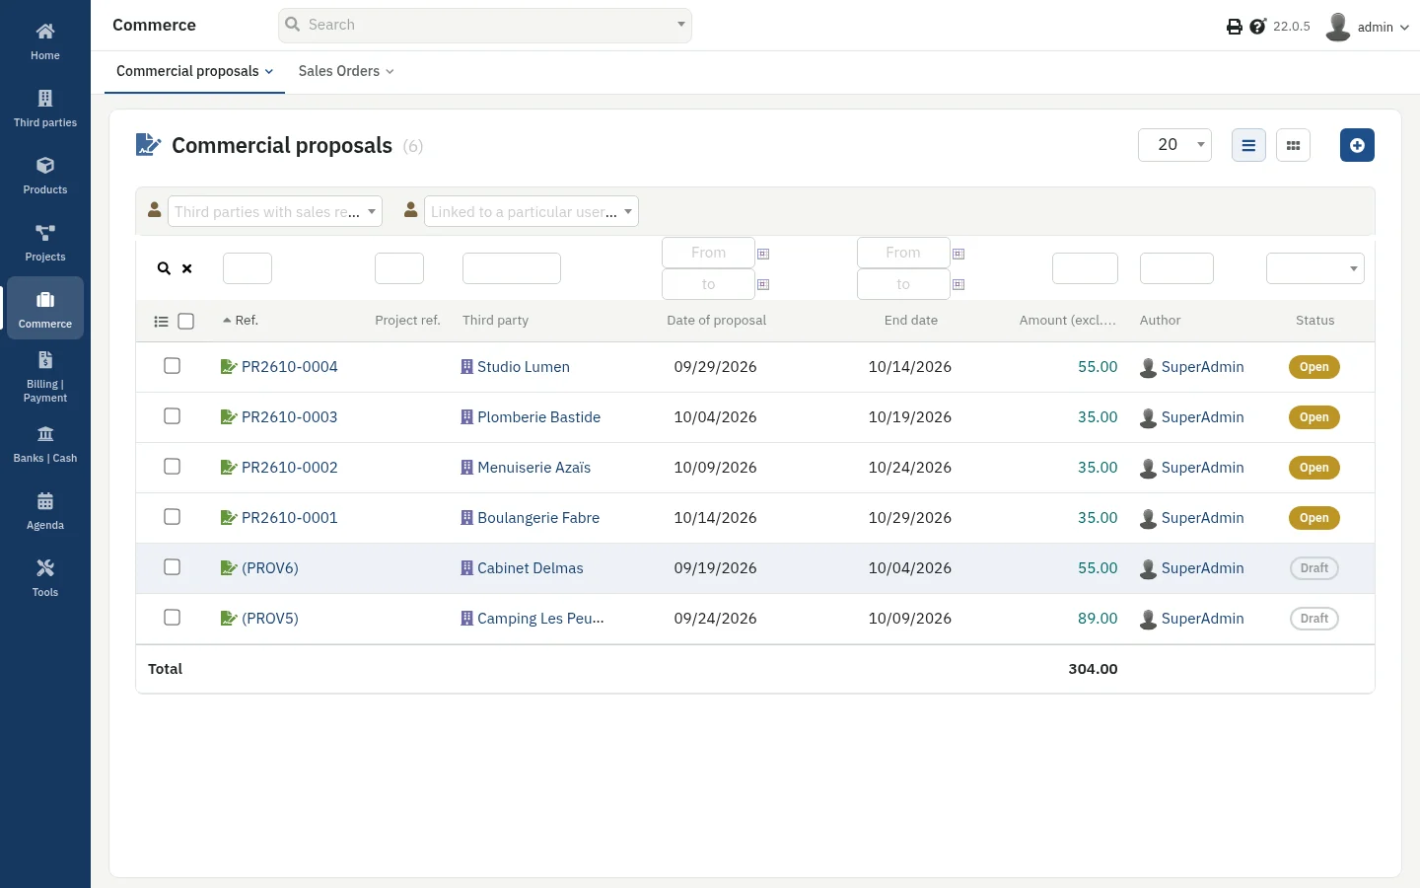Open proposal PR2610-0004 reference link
coord(289,367)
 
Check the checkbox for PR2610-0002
coord(172,466)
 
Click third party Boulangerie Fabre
coord(538,518)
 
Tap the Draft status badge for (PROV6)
coord(1314,567)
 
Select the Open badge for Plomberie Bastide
coord(1314,416)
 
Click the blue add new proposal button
coord(1357,145)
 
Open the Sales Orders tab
coord(346,71)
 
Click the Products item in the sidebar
coord(45,176)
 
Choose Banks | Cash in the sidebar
coord(45,444)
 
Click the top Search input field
coord(485,26)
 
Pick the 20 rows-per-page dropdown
coord(1174,145)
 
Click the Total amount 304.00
coord(1093,669)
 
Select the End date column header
coord(911,321)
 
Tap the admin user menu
coord(1368,27)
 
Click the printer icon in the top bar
coord(1235,27)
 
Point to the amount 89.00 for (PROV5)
coord(1098,618)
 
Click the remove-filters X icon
coord(187,268)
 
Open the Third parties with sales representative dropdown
coord(274,211)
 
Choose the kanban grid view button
coord(1293,145)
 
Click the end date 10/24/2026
coord(909,468)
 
